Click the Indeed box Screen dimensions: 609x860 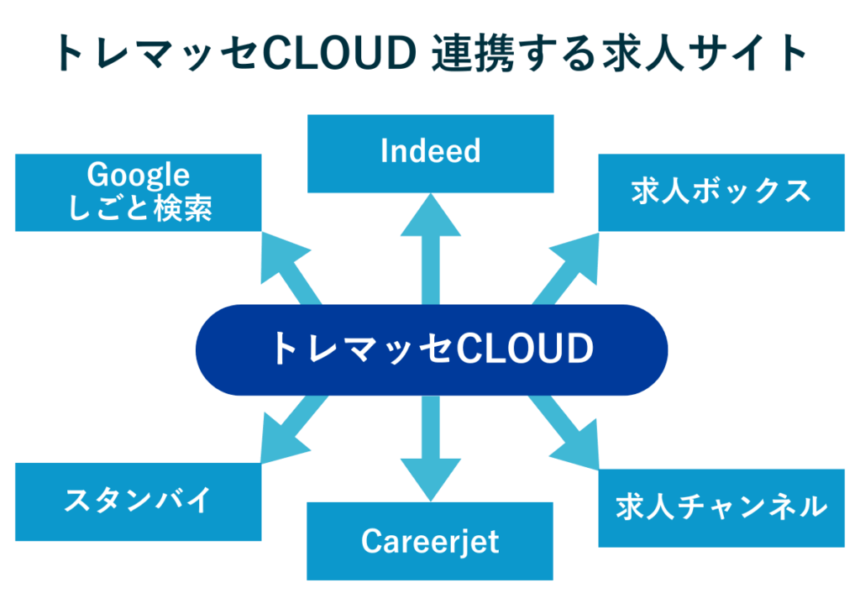[x=430, y=153]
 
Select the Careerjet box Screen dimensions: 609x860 [x=430, y=541]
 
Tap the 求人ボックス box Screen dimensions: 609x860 [x=721, y=192]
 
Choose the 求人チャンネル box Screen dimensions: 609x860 [x=721, y=507]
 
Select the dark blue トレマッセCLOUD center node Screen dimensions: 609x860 [x=430, y=349]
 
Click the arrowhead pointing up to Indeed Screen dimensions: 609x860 [x=430, y=217]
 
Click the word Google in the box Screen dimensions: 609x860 [x=139, y=176]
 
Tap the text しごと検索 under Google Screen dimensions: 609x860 [x=139, y=208]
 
